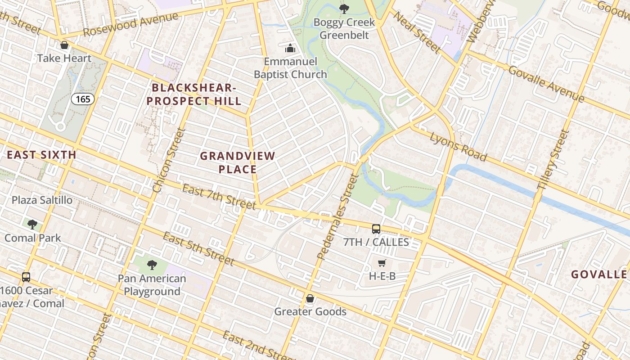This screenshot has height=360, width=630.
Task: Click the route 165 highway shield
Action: click(x=83, y=99)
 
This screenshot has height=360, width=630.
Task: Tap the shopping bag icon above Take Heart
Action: click(x=64, y=45)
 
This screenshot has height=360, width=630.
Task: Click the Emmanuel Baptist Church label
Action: click(x=290, y=68)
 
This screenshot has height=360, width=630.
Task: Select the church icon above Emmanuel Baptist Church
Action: click(x=290, y=48)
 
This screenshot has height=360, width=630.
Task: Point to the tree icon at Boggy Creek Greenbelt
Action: click(x=344, y=8)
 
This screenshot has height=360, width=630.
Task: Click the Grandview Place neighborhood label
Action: click(x=238, y=162)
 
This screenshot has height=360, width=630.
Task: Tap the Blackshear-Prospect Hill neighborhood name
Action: click(x=194, y=94)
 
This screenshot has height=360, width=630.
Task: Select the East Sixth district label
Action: click(x=41, y=155)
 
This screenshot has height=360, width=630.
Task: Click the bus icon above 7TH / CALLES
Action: click(x=376, y=229)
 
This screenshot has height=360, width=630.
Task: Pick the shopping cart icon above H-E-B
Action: click(x=382, y=263)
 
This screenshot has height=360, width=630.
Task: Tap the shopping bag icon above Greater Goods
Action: click(x=310, y=298)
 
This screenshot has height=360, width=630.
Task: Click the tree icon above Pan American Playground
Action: click(x=152, y=265)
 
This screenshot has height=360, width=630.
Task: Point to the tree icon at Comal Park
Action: click(x=32, y=224)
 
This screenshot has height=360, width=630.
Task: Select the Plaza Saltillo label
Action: click(x=42, y=200)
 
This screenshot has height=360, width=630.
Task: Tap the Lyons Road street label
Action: click(x=458, y=147)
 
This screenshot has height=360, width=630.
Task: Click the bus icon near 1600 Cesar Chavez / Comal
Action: click(x=26, y=277)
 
